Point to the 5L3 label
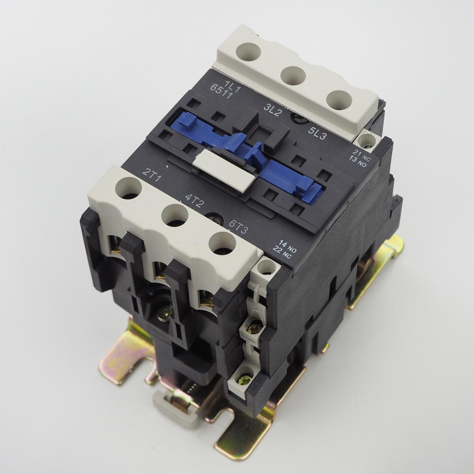click(317, 133)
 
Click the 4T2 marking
click(194, 201)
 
